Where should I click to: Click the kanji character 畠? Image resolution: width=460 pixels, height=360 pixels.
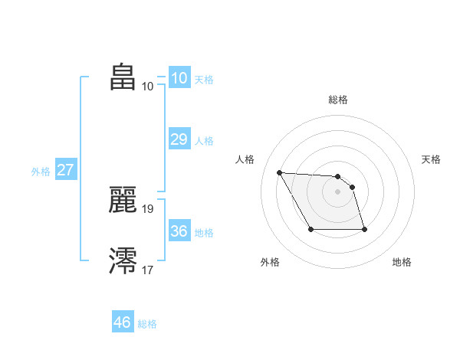coord(123,77)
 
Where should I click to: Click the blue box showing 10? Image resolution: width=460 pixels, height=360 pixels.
coord(179,77)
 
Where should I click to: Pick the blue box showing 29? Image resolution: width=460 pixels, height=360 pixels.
coord(179,139)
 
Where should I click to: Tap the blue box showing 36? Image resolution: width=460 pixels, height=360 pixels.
coord(179,231)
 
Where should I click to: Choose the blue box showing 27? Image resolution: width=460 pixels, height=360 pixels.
coord(65,170)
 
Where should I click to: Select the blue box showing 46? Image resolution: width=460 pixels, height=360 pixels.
coord(123,322)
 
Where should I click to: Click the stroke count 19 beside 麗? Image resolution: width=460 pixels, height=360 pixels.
coord(148,208)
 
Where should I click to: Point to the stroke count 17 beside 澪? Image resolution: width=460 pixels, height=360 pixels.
coord(148,269)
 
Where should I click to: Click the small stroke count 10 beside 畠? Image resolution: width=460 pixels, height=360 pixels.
coord(148,86)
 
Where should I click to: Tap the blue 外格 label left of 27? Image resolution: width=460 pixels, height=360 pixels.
coord(41,172)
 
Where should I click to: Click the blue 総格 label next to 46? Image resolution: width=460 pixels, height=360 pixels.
coord(147,324)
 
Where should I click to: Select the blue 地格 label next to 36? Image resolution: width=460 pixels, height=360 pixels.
coord(204,233)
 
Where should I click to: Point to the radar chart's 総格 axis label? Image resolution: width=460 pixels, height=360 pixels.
coord(338,100)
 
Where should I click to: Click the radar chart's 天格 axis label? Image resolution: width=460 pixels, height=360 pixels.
coord(432,159)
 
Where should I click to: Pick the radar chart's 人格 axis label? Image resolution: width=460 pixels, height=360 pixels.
coord(245,159)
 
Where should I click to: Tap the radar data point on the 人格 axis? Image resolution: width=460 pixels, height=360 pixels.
coord(279,172)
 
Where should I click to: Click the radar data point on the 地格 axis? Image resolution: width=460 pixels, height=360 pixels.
coord(364,229)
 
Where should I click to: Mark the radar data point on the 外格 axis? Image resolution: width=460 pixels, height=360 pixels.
coord(310,229)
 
